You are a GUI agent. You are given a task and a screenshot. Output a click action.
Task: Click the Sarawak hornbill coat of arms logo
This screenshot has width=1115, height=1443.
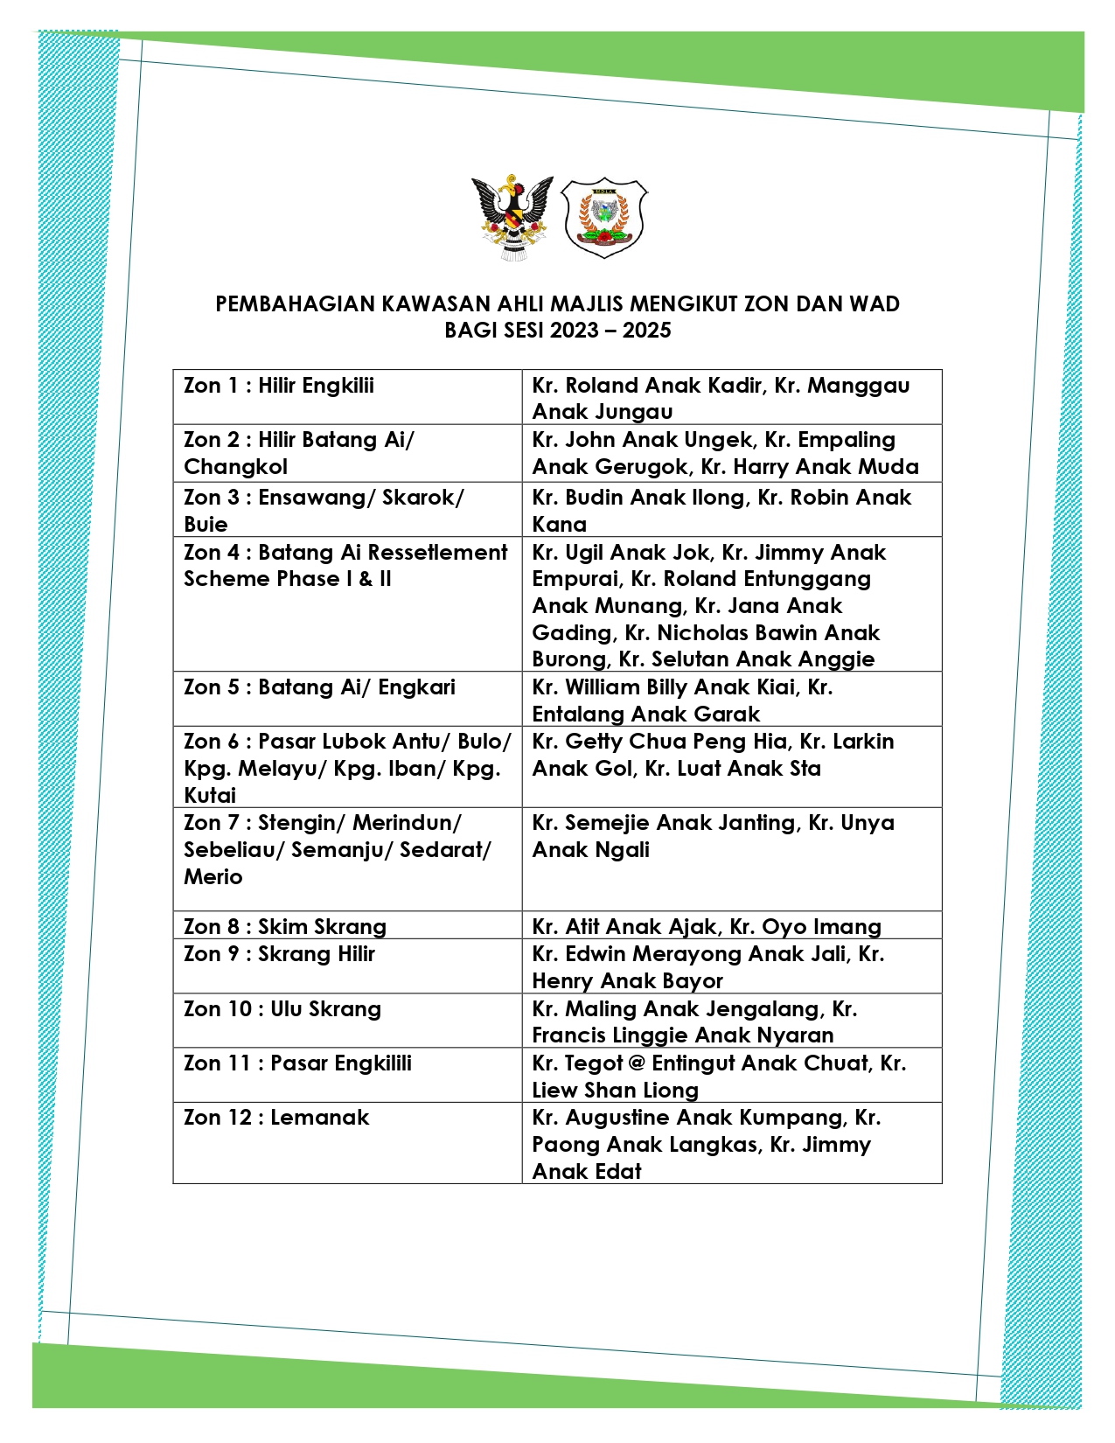pyautogui.click(x=512, y=218)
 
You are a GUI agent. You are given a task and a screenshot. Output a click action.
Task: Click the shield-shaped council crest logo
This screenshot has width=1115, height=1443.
pyautogui.click(x=603, y=218)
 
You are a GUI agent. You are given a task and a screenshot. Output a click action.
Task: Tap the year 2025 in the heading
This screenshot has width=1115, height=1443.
pyautogui.click(x=646, y=331)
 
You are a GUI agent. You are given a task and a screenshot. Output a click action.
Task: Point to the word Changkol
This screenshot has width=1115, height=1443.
pyautogui.click(x=235, y=467)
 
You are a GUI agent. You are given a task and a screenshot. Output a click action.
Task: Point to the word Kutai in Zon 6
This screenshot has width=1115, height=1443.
pyautogui.click(x=210, y=796)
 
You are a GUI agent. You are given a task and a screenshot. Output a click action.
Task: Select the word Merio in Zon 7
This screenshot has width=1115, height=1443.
pyautogui.click(x=213, y=877)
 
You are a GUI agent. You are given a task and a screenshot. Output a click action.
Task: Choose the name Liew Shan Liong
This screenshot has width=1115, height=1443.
pyautogui.click(x=615, y=1091)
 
